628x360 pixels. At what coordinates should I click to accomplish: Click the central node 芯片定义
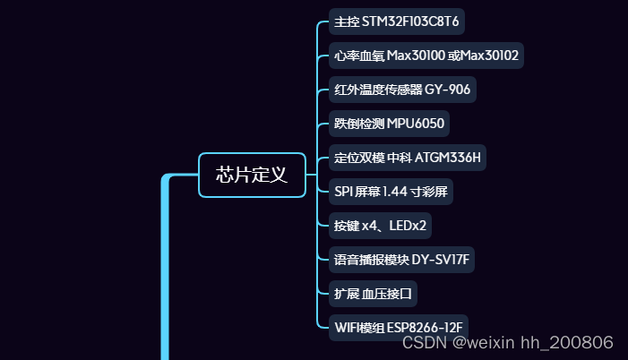pos(252,175)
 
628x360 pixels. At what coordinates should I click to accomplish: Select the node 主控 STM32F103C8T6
pos(397,21)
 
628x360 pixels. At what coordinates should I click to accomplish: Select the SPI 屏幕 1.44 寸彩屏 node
pos(390,192)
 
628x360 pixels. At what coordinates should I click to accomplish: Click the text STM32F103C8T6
pos(413,21)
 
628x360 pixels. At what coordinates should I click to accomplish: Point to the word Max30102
pos(489,56)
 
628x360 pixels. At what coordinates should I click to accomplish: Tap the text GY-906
pos(449,90)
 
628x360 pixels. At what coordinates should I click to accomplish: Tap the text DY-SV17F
pos(441,260)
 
